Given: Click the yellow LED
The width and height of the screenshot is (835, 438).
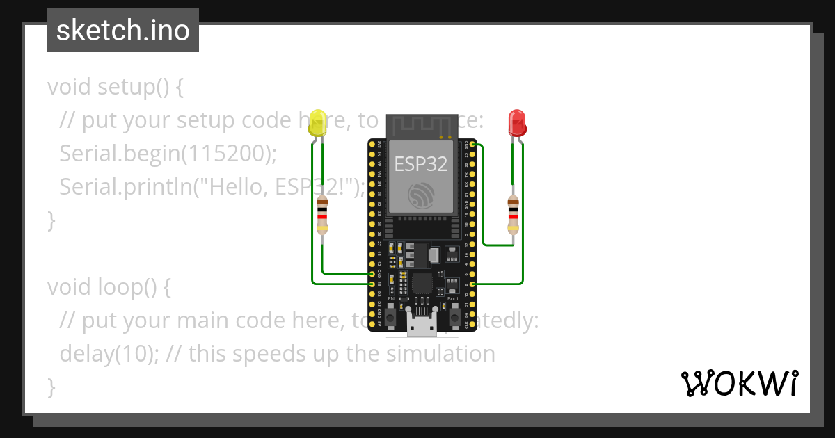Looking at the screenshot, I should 318,123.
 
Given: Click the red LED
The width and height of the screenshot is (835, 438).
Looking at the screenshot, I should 517,122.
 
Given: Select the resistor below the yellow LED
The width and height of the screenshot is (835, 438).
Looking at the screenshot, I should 322,215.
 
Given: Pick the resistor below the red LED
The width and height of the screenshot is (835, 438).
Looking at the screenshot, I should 513,215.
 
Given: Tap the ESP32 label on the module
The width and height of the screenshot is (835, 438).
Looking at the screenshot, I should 421,163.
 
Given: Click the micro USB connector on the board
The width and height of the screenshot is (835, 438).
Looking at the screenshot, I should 422,326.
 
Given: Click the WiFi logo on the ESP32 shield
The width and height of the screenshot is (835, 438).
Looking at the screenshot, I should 421,196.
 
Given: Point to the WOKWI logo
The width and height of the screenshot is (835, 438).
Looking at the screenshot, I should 740,383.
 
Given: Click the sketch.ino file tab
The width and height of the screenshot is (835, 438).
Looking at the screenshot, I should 123,31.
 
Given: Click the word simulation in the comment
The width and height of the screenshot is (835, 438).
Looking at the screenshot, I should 439,354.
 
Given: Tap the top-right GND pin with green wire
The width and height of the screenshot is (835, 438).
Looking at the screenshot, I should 473,145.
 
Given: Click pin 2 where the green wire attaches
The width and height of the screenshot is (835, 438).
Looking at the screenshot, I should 473,284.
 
